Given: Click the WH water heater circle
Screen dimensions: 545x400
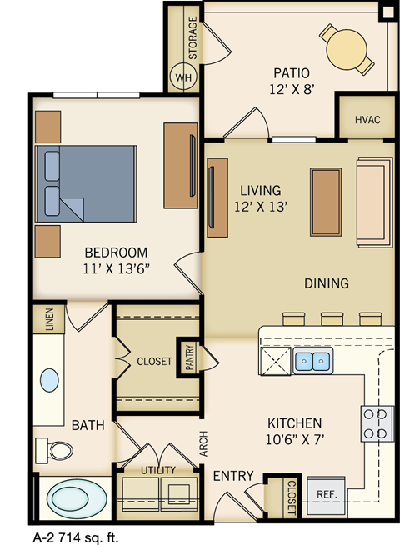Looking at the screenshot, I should click(x=182, y=79).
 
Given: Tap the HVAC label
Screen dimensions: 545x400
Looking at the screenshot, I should click(x=367, y=120).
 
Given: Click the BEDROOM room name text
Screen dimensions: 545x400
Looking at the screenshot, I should click(x=116, y=252).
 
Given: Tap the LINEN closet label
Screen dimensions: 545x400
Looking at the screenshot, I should click(x=48, y=320).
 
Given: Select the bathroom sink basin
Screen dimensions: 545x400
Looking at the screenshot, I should click(x=50, y=381).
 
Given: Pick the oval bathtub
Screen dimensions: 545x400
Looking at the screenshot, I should click(x=75, y=500).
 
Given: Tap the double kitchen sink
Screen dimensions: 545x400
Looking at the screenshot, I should click(x=312, y=362).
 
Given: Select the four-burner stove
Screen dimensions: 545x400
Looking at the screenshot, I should click(x=377, y=423).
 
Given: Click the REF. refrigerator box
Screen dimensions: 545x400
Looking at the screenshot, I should click(x=326, y=494).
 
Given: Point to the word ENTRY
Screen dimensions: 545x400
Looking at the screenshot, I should click(x=233, y=475).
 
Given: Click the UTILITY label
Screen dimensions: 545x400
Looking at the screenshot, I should click(x=158, y=471).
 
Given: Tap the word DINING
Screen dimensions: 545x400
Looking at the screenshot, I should click(x=326, y=283).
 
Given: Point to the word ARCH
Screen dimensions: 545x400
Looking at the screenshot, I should click(x=202, y=442).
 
